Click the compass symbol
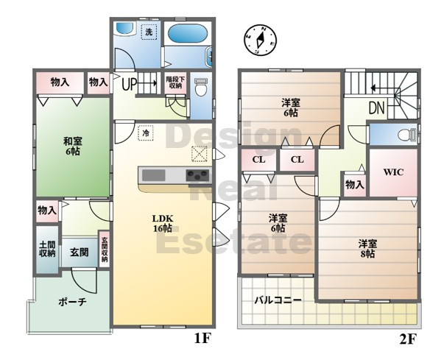[258, 41]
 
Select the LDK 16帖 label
[162, 223]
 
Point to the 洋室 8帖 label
[367, 248]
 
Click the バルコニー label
[278, 300]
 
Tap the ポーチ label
[72, 302]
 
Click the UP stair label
[128, 84]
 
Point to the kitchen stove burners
[197, 175]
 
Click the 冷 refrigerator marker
[147, 133]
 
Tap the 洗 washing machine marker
[149, 32]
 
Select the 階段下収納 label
[175, 81]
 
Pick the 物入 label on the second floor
[354, 184]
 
